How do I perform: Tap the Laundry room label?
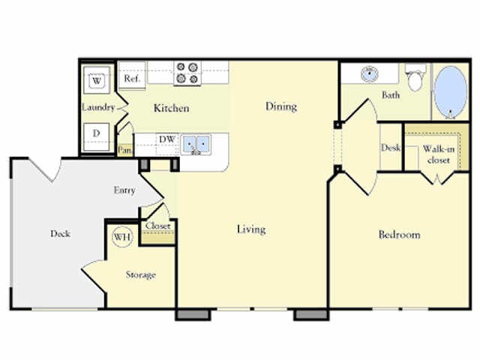coord(97,107)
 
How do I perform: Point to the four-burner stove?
coord(187,73)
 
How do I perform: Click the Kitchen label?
coord(171,108)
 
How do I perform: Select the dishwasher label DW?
coord(167,139)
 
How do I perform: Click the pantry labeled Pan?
coord(124,150)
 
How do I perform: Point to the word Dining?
coord(281,106)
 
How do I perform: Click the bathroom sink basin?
coord(368,75)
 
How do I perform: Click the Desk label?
coord(390,148)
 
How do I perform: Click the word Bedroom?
coord(398,235)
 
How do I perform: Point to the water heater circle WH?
coord(121,237)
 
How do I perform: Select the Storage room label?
coord(140,275)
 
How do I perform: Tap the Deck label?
coord(60,233)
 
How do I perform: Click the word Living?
coord(250,229)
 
